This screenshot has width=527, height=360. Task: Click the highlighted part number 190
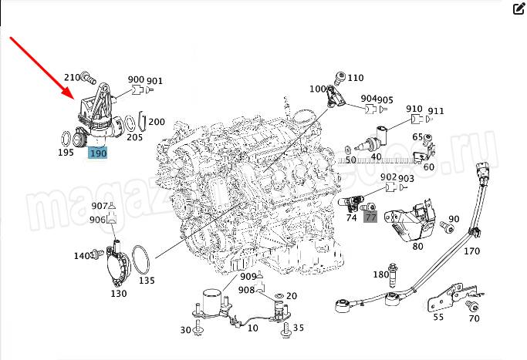click(98, 153)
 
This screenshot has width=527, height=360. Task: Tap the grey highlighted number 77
click(370, 218)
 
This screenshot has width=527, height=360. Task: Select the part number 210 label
click(72, 77)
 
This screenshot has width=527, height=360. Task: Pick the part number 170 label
click(472, 251)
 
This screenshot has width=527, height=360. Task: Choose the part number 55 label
click(438, 317)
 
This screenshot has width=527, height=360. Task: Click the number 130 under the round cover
click(119, 293)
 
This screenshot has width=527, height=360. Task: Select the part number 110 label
click(355, 78)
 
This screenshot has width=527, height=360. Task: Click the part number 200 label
click(157, 122)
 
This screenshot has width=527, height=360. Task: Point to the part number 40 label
click(376, 157)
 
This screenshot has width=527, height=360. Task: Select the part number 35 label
click(299, 328)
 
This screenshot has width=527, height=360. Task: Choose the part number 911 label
click(437, 111)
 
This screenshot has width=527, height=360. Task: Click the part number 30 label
click(186, 330)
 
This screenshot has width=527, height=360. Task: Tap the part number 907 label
click(100, 206)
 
